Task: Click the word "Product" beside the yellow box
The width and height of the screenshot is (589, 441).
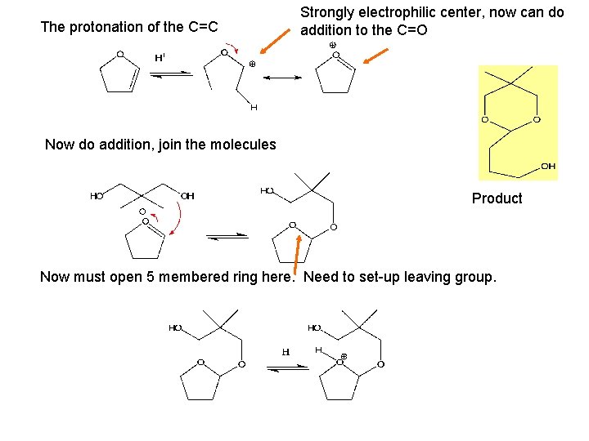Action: (497, 198)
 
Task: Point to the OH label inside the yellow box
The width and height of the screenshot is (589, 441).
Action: (547, 167)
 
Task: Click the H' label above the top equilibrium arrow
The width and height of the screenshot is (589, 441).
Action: (160, 58)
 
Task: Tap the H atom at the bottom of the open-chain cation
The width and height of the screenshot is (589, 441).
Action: (254, 107)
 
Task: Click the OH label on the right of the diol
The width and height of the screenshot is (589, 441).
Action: (187, 196)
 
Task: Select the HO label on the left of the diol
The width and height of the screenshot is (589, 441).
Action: (97, 196)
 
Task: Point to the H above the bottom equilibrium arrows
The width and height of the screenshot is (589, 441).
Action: (286, 352)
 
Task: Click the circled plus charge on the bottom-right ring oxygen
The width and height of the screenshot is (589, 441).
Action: (344, 356)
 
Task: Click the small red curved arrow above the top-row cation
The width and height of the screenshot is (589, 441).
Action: (232, 47)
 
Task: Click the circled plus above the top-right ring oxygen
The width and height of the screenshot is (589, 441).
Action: (332, 45)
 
